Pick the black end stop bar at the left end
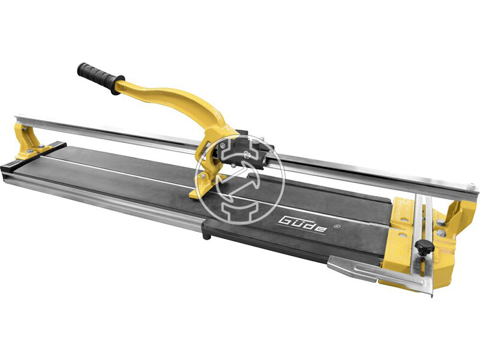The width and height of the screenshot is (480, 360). (x=34, y=155)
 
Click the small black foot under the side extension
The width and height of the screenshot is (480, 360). (x=206, y=236)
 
